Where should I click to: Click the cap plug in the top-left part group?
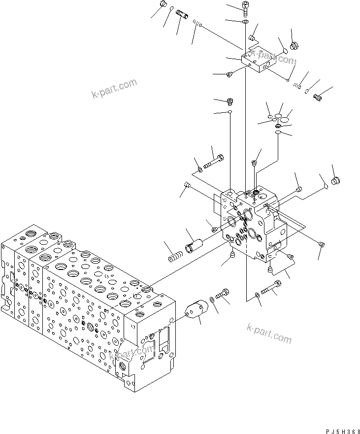point(163,5)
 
